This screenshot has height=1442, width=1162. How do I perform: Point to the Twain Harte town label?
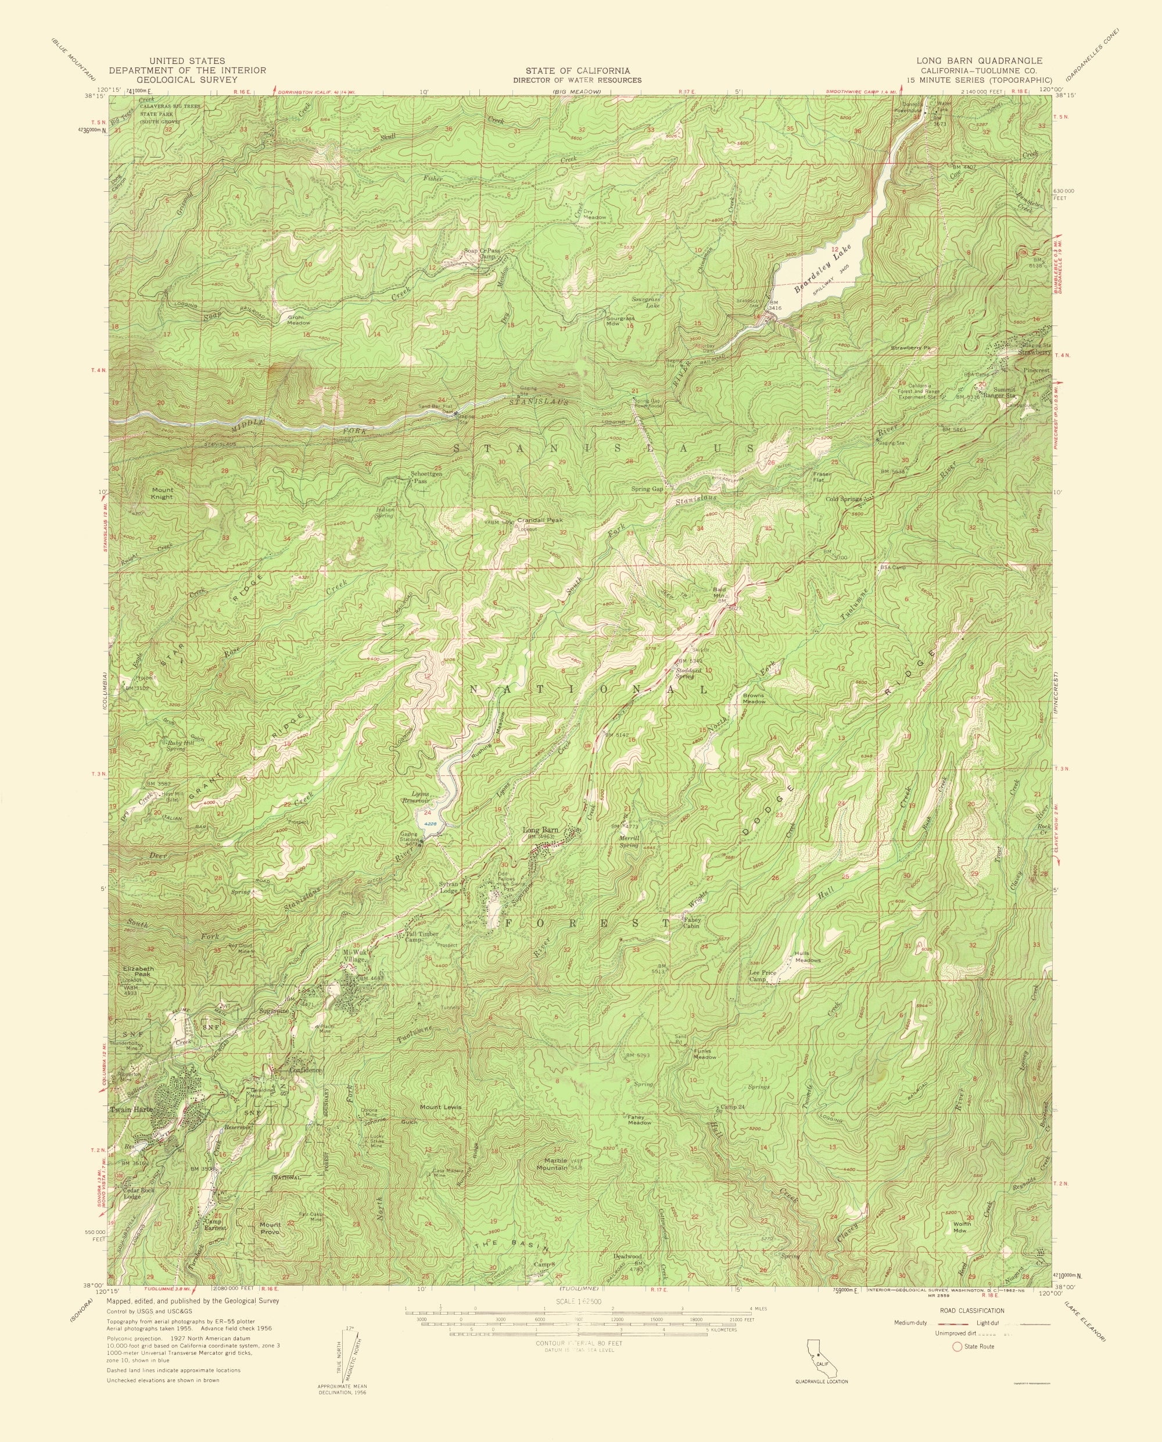point(132,1110)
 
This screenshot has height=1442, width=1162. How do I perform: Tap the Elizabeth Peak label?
point(138,971)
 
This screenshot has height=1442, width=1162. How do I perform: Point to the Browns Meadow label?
point(754,697)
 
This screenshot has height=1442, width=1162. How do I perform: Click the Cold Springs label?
point(842,499)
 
